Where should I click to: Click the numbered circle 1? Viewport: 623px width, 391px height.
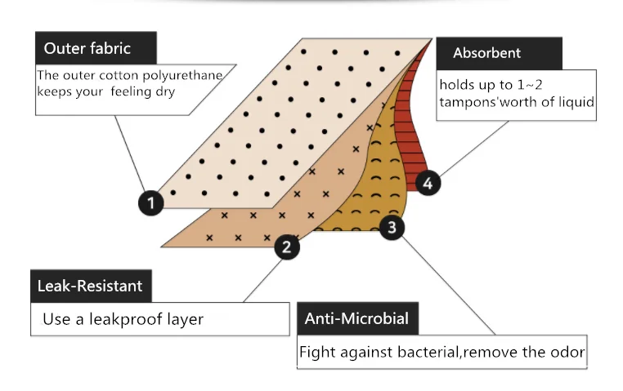point(150,202)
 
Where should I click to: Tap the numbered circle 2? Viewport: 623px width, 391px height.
point(286,247)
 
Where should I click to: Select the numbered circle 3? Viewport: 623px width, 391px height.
point(392,228)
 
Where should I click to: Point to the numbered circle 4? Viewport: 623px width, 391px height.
point(428,183)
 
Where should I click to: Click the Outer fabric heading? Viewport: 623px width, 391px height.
point(87,48)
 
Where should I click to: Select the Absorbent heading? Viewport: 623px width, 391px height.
point(486,54)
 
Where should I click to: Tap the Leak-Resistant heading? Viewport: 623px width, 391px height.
point(90,286)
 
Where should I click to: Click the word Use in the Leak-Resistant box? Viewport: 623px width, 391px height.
point(56,319)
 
